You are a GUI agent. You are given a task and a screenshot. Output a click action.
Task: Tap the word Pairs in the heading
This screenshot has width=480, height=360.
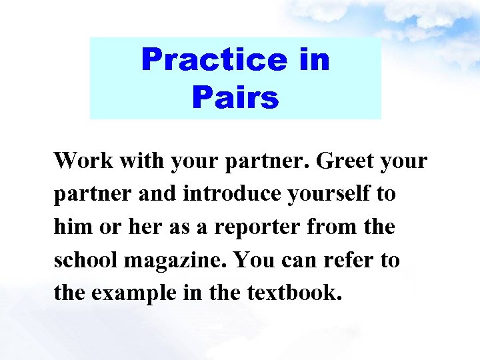[x=235, y=98]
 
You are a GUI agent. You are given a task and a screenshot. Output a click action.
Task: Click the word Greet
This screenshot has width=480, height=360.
[x=341, y=161]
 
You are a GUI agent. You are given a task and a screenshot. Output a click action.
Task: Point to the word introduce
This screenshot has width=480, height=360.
[x=223, y=194]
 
